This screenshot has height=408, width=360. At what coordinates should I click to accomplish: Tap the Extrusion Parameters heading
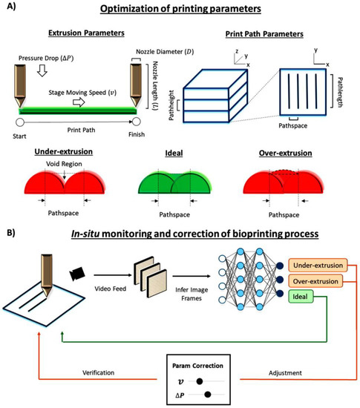coord(82,35)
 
